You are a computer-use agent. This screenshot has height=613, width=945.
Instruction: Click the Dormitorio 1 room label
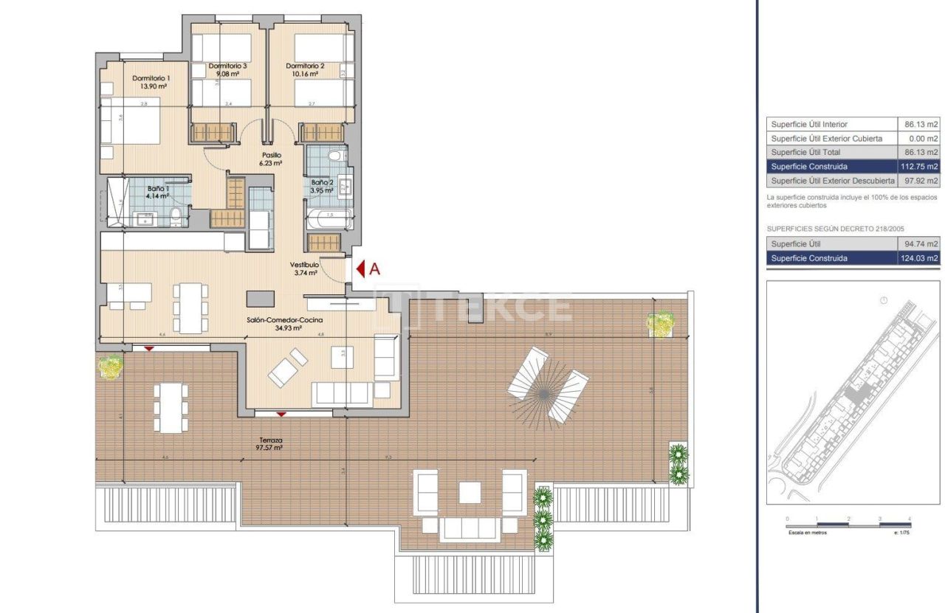click(x=151, y=78)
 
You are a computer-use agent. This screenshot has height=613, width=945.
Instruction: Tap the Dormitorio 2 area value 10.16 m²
click(x=303, y=74)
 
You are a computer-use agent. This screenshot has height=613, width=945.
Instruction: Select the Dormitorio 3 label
click(x=227, y=66)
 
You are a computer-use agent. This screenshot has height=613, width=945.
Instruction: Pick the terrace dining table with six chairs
click(x=171, y=407)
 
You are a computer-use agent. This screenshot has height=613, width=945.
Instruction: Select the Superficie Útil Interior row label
click(x=809, y=125)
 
